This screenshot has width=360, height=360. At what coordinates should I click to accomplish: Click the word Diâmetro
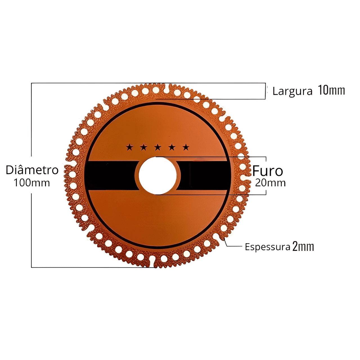click(32, 170)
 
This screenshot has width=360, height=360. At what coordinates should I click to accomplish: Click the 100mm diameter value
click(32, 183)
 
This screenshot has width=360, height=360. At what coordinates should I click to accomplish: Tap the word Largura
click(292, 91)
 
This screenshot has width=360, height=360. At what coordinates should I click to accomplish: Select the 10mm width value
click(331, 90)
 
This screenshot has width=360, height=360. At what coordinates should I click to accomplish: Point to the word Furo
click(268, 171)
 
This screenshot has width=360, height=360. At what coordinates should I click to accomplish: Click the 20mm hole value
click(270, 183)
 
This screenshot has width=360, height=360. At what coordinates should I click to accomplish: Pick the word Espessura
click(267, 247)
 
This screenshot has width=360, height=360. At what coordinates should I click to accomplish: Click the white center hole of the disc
click(157, 175)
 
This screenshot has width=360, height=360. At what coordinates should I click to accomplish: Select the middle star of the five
click(158, 147)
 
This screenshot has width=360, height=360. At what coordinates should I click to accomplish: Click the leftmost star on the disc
click(129, 147)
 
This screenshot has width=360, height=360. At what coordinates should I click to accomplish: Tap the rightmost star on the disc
click(186, 147)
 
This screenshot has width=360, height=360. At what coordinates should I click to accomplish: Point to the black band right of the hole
click(204, 175)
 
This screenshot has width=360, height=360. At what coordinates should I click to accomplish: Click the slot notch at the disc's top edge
click(166, 89)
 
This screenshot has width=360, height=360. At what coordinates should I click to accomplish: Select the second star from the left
click(143, 147)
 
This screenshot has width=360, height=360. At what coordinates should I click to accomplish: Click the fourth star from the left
click(172, 147)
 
